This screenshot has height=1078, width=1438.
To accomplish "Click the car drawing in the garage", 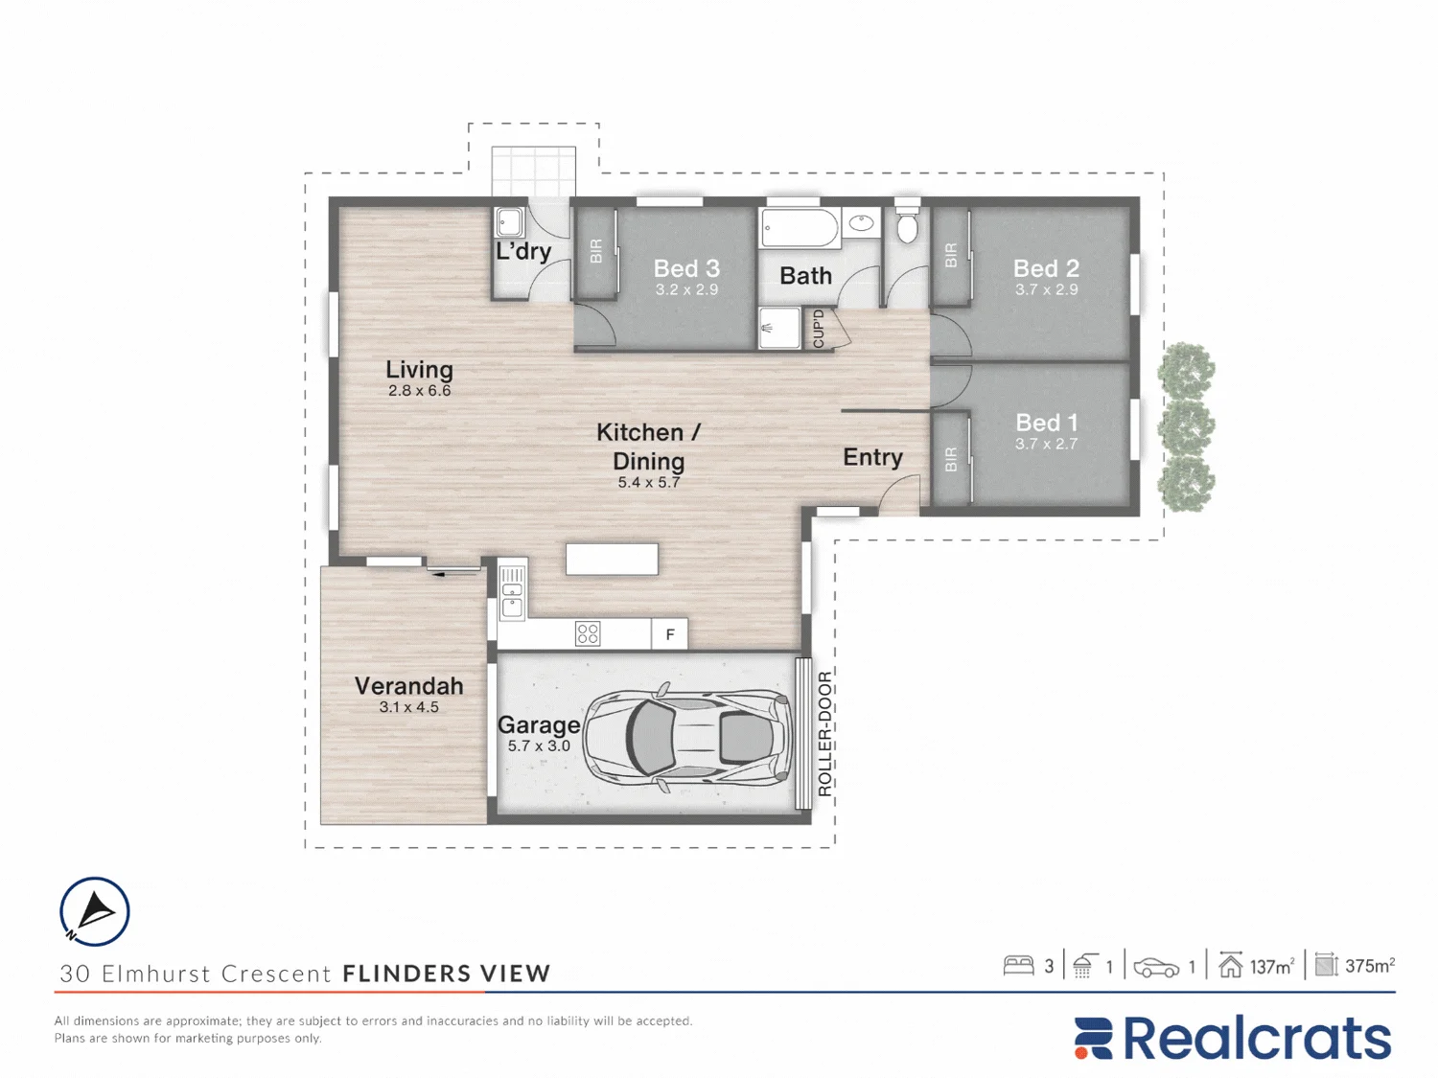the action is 685,737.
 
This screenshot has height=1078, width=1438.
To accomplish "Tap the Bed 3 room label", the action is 686,268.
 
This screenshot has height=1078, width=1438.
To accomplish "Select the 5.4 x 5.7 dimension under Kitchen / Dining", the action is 649,482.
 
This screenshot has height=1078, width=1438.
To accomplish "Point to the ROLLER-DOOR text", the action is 824,734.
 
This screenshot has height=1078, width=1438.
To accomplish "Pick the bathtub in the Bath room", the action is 800,228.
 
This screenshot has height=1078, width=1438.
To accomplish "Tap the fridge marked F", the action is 669,634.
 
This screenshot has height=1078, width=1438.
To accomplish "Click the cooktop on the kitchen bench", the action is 588,633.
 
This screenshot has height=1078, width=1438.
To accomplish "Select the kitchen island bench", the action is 612,560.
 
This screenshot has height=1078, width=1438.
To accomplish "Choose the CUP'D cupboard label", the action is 819,330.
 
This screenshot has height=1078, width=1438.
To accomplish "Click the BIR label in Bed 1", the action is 951,460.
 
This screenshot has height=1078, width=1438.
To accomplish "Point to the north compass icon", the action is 94,912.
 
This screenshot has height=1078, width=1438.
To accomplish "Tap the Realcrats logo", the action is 1232,1038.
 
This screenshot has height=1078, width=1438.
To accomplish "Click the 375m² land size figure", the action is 1370,966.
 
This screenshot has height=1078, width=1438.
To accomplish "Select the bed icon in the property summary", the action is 1018,966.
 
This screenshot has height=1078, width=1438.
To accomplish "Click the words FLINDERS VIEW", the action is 447,974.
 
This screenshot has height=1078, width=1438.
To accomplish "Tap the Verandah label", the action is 408,686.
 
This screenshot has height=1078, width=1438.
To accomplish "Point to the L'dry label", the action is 522,251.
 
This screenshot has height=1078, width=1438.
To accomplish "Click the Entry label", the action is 872,457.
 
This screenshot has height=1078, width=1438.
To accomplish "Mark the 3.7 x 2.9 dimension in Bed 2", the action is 1046,289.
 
